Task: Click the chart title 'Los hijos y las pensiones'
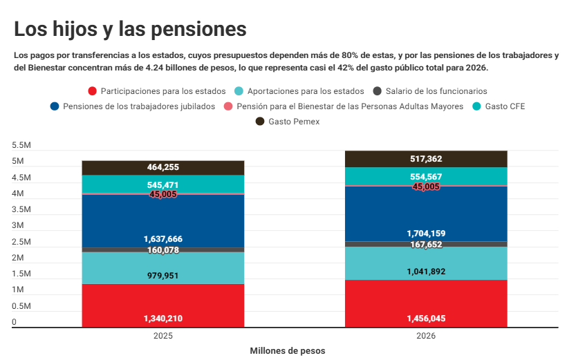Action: (130, 29)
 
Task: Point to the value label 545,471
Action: (163, 185)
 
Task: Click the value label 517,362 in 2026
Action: (426, 159)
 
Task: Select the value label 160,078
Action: (163, 249)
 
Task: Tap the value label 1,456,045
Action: (426, 319)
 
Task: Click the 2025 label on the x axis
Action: (163, 336)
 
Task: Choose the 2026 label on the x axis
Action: (426, 336)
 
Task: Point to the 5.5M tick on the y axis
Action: (21, 146)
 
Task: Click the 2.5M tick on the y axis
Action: (21, 242)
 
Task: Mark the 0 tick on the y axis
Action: (14, 322)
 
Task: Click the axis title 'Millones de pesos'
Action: (287, 350)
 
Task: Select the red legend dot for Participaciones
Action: (92, 91)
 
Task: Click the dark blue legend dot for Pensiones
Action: (54, 106)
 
